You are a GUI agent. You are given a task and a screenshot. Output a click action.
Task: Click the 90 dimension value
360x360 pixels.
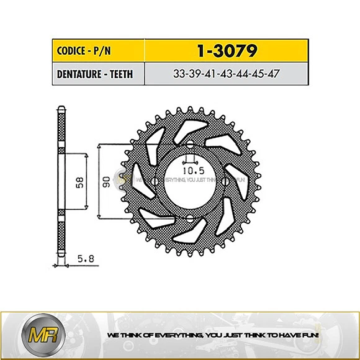coord(106,182)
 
